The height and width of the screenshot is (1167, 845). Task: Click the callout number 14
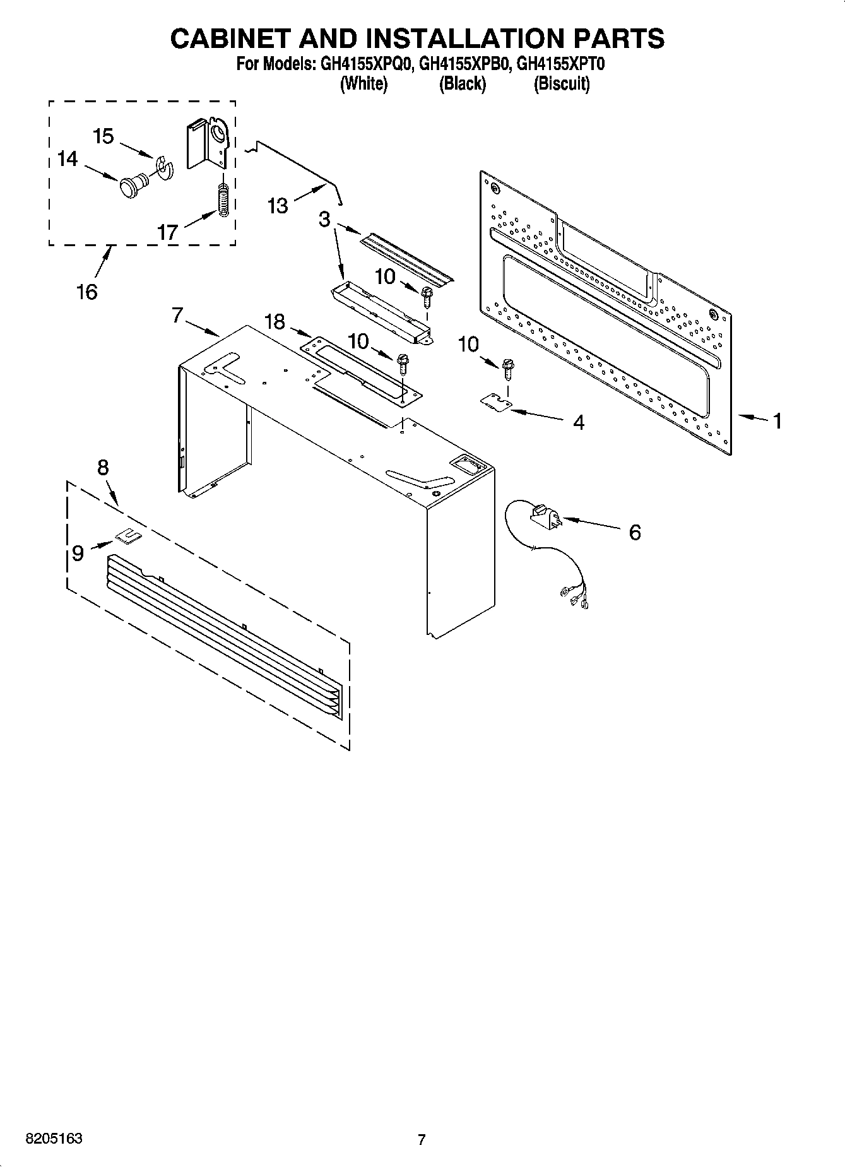click(68, 159)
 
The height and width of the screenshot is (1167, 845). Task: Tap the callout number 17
click(168, 232)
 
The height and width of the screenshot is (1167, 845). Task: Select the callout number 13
click(278, 206)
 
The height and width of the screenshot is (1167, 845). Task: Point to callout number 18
click(275, 322)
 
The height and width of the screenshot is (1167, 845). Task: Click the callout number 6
click(634, 532)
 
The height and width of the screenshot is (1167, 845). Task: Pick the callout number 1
click(777, 420)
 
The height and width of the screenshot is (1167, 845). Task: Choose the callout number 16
click(87, 292)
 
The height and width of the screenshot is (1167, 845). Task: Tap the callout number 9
click(78, 554)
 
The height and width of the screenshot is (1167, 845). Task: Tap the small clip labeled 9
click(127, 536)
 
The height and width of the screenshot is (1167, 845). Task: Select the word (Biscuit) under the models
click(562, 84)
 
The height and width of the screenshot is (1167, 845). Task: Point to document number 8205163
click(54, 1139)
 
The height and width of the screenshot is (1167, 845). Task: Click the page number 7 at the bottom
click(422, 1139)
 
